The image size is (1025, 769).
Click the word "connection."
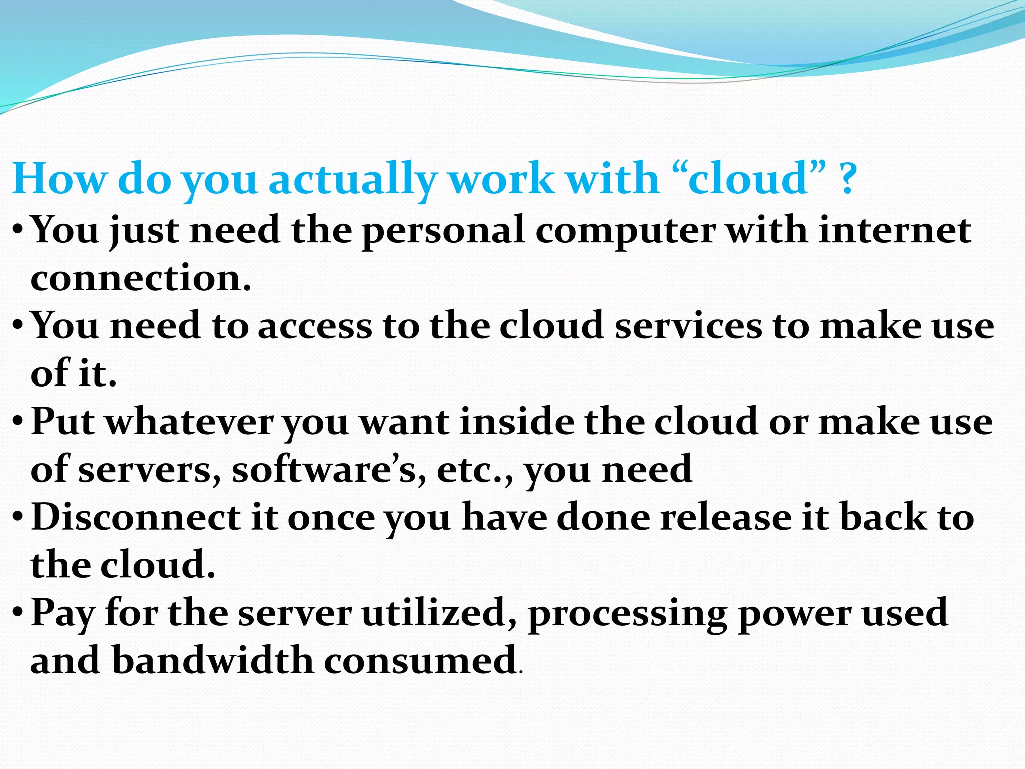click(141, 279)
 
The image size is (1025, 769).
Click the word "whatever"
click(190, 422)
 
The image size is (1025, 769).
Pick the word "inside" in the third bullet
click(516, 422)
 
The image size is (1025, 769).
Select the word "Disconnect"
click(136, 518)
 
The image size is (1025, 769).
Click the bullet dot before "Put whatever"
click(18, 422)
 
